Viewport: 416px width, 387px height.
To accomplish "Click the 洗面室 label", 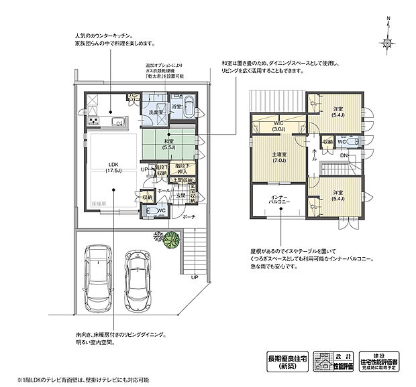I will click(157, 112).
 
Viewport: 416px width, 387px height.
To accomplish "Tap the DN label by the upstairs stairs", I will click(343, 155).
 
